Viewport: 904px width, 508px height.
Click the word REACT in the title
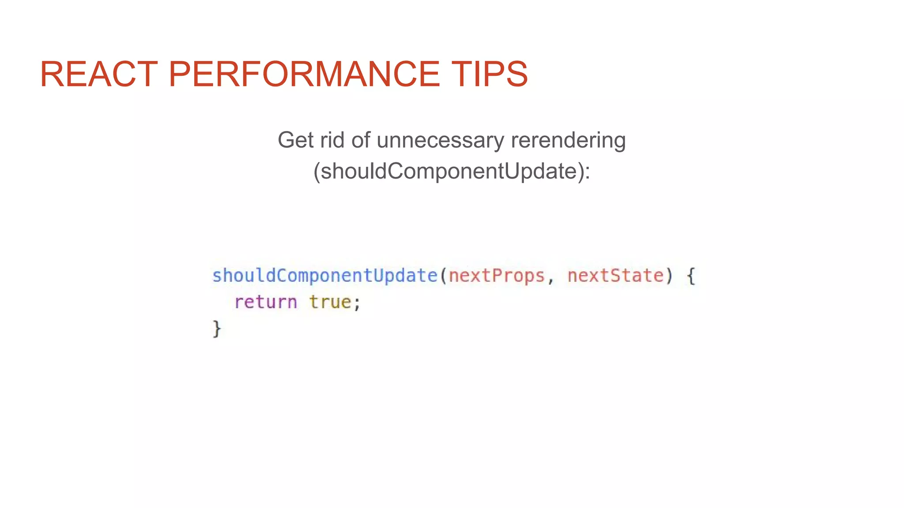point(98,74)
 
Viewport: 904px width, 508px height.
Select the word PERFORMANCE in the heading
point(304,74)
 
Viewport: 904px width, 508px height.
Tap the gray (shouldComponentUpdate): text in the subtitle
point(452,171)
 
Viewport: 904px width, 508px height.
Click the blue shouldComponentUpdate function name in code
point(324,276)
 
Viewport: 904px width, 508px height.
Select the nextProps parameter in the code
point(497,276)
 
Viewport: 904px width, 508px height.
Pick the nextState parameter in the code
point(615,276)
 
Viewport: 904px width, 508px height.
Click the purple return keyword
point(265,303)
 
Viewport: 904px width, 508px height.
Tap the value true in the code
point(330,303)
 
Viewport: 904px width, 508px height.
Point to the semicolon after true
point(357,303)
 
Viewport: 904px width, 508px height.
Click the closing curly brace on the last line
point(217,329)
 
